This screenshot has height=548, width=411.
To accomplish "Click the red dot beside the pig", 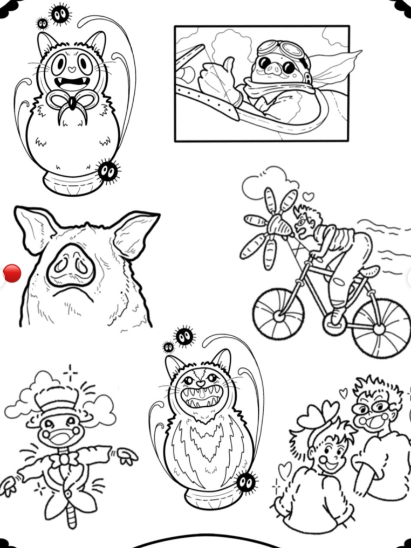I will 12,273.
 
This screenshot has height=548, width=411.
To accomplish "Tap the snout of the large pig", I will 70,266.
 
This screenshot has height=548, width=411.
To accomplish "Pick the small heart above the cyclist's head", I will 307,196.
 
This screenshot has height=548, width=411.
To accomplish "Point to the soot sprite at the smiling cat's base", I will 108,171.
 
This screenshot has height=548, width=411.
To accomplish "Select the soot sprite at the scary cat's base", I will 246,481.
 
